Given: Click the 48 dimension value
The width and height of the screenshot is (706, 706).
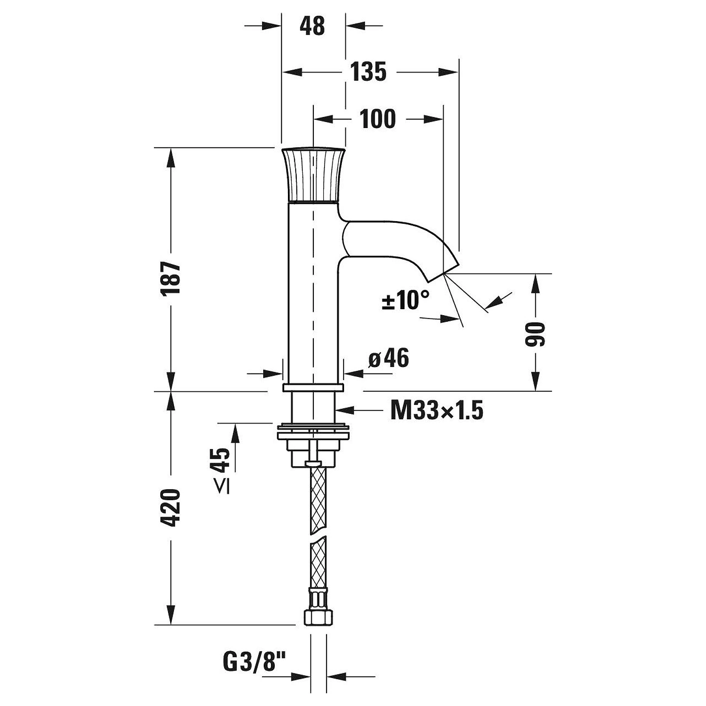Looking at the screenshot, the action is (x=312, y=26).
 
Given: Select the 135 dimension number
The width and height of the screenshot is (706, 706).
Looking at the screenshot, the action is (x=368, y=71).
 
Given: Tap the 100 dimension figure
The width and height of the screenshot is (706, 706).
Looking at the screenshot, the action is (x=378, y=119).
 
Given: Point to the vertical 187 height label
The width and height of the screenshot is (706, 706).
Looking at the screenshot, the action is (x=172, y=278).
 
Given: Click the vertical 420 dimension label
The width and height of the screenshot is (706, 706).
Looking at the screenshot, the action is (x=172, y=508).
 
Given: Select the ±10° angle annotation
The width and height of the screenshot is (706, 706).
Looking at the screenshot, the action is (x=405, y=300).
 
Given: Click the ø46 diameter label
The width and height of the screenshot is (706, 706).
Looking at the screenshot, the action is (x=388, y=358).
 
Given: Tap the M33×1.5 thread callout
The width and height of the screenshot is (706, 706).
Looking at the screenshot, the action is (x=437, y=411).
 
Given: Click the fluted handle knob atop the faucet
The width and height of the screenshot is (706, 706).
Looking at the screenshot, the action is (x=313, y=174).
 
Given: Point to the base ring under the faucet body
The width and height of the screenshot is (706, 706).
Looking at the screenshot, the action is (x=313, y=387).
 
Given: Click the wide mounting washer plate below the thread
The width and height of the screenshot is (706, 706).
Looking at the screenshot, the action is (x=313, y=433).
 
